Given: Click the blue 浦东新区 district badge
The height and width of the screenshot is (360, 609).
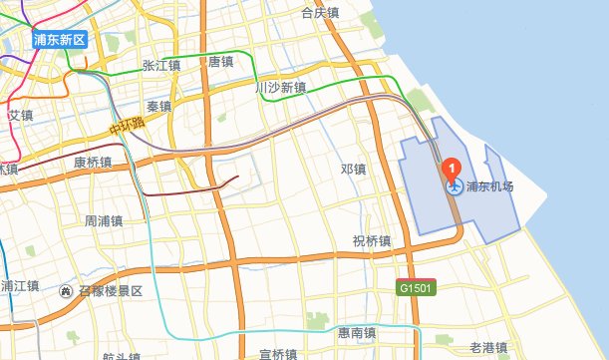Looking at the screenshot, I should [x=60, y=40].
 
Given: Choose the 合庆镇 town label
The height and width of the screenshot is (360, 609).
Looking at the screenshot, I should [x=320, y=14].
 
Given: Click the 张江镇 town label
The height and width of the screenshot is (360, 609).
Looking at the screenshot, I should [x=161, y=66].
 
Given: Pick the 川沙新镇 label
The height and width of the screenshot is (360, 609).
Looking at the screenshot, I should [x=280, y=88].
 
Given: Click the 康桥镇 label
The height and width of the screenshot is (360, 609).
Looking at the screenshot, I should [x=93, y=162].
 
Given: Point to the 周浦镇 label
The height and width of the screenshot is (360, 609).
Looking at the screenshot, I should [x=103, y=220].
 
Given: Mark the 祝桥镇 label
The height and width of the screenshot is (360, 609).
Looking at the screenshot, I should [x=372, y=240].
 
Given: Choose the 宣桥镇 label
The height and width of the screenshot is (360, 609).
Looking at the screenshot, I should [x=278, y=353].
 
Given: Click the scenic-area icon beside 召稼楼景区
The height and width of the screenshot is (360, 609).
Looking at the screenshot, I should [x=66, y=290].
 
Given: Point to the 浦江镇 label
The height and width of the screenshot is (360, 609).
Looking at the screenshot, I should [x=19, y=286].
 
